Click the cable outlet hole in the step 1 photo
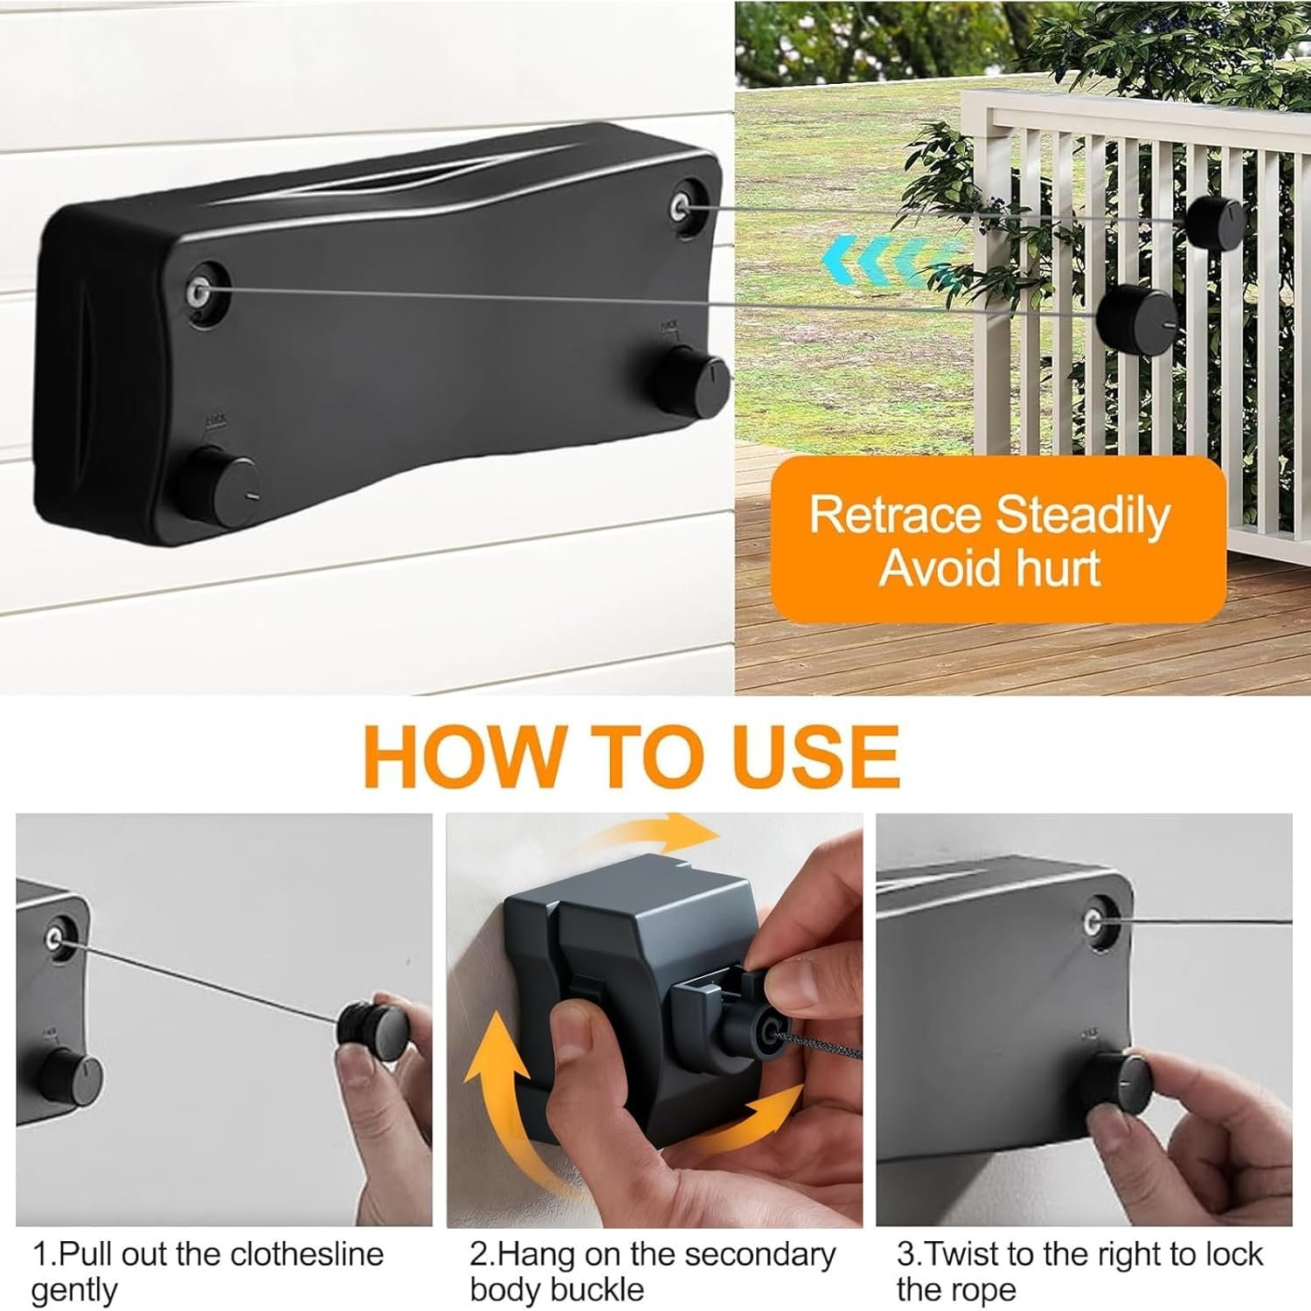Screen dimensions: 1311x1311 coord(56,939)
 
